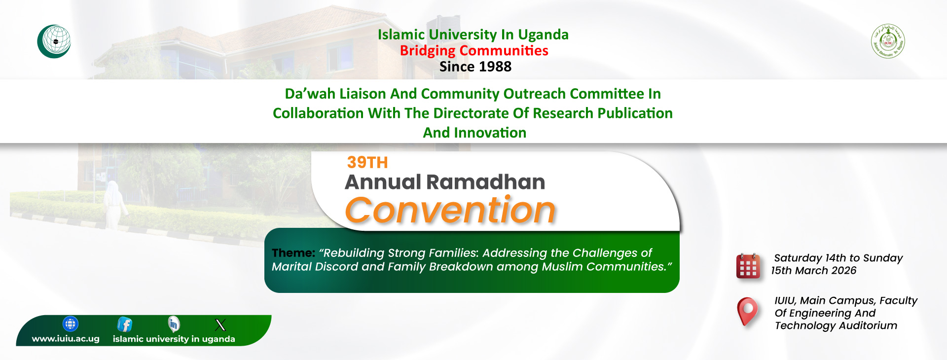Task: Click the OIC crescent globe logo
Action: point(54,41)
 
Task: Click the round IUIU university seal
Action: point(888,41)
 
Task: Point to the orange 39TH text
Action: point(367,162)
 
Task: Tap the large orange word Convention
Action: point(450,210)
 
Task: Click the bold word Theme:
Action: point(293,253)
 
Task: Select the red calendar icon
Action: point(748,266)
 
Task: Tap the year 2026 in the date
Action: point(844,271)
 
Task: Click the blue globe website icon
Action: point(71,324)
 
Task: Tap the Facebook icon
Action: point(125,324)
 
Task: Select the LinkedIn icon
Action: point(174,324)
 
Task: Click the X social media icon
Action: point(220,324)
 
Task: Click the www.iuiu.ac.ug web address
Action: point(66,339)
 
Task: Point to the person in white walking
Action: point(114,205)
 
